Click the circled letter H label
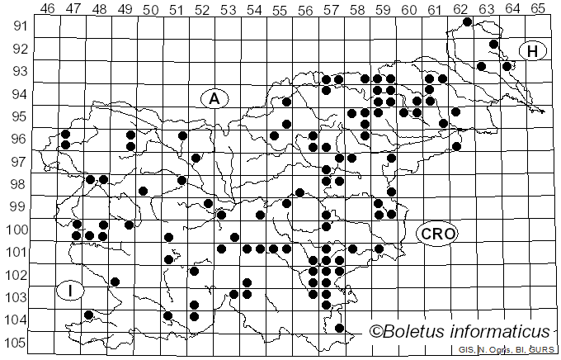coord(534,51)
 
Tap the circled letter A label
coord(214,98)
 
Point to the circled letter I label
coord(70,291)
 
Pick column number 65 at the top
coord(538,9)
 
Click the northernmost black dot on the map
coord(468,21)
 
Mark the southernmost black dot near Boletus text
coord(339,328)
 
